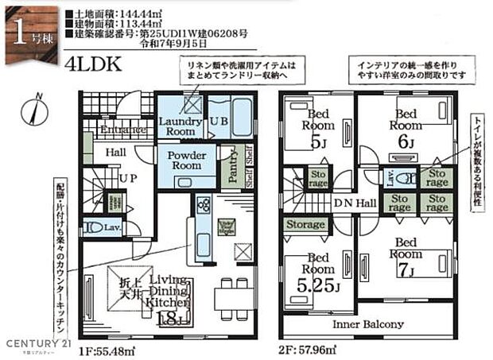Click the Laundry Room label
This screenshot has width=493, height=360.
point(181,126)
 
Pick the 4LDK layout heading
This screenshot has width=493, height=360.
point(93,64)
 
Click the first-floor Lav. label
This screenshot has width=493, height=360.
point(112,228)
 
